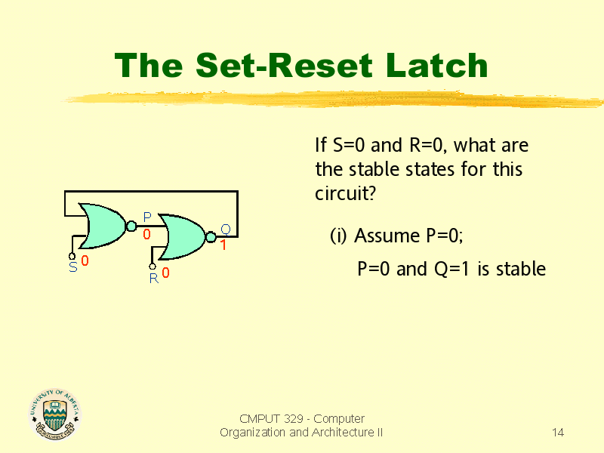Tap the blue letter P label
(x=147, y=217)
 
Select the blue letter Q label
(x=225, y=230)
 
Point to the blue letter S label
(x=72, y=267)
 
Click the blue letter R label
(x=153, y=278)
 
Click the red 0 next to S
(x=85, y=261)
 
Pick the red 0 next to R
(x=165, y=274)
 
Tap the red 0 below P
(x=147, y=234)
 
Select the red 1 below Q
(x=223, y=245)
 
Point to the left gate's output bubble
(x=131, y=225)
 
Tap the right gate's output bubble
(x=211, y=237)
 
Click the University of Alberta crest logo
(x=54, y=414)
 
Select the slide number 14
(x=558, y=432)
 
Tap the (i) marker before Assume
(x=338, y=236)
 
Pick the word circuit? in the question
(x=345, y=193)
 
